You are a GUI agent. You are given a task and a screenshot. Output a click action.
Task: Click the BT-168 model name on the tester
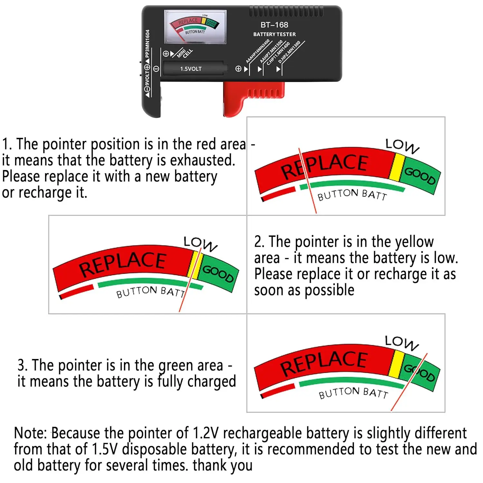[274, 25]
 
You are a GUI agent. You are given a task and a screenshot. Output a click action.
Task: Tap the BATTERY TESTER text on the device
[274, 34]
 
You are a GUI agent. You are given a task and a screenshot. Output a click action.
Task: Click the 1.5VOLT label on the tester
[191, 69]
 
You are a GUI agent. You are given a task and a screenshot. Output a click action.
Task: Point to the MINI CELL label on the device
[185, 53]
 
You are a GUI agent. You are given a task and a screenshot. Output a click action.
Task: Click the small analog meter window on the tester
[195, 27]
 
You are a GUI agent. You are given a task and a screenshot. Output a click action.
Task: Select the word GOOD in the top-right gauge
[420, 176]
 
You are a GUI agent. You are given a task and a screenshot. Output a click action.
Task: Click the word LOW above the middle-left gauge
[200, 243]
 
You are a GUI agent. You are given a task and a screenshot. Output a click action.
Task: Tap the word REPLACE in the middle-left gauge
[122, 264]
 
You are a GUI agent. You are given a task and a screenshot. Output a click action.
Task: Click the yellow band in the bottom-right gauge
[396, 364]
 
